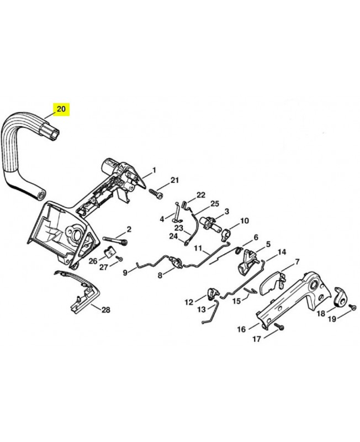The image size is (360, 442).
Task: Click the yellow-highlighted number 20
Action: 61,109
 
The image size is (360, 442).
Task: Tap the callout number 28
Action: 105,310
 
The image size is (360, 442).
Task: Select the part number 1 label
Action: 154,170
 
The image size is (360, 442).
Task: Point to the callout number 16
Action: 241,329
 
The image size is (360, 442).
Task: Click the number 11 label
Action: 198,248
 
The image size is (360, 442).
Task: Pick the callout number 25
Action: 215,203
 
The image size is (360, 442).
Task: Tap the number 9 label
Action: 125,272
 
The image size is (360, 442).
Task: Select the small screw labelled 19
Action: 352,307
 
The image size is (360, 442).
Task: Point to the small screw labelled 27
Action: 120,258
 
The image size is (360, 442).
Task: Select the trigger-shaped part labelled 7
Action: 272,283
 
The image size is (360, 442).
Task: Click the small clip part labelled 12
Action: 213,293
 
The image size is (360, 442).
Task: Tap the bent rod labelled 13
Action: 212,312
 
